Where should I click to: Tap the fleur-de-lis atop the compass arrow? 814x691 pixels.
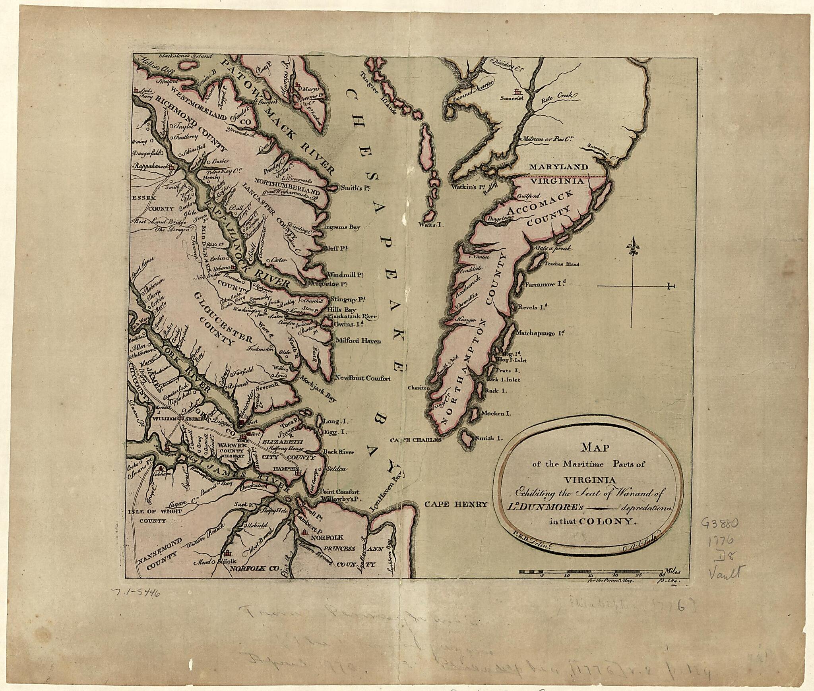tap(632, 246)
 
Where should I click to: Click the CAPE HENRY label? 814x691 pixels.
tap(456, 505)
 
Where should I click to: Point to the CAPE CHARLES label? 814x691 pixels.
tap(415, 440)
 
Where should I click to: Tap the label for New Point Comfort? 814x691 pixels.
tap(362, 378)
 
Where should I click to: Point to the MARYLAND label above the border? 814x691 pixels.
tap(558, 167)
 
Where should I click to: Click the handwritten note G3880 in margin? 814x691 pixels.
tap(720, 524)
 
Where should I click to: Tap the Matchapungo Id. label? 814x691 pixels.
tap(540, 334)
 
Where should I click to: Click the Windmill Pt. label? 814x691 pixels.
tap(345, 274)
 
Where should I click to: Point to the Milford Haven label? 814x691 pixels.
tap(358, 341)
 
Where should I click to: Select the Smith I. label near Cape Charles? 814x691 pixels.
tap(490, 438)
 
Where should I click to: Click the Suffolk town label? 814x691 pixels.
tap(228, 561)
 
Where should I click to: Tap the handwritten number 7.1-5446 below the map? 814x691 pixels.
tap(136, 593)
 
